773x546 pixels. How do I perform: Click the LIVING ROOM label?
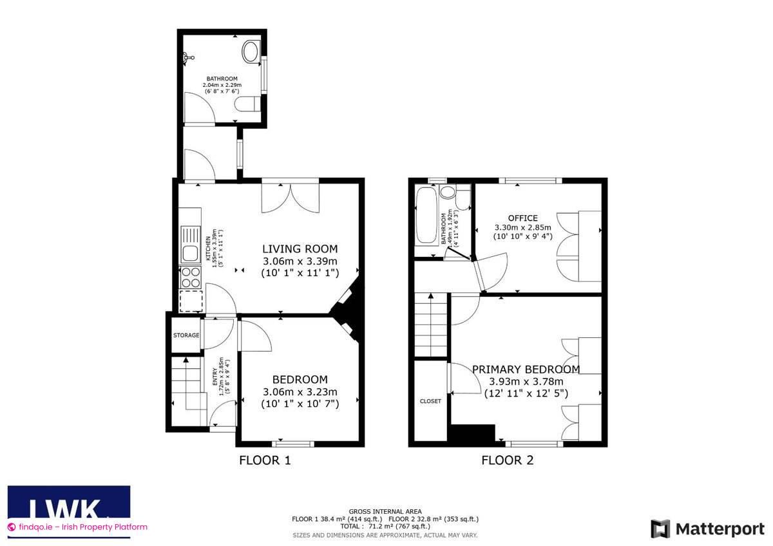click(300, 249)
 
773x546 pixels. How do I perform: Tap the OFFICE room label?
click(523, 218)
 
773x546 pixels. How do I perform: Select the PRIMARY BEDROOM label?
click(526, 370)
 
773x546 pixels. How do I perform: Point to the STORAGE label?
click(186, 335)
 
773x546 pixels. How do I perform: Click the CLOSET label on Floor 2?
click(430, 401)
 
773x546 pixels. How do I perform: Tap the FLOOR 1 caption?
click(265, 460)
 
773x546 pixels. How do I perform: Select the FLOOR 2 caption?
click(508, 460)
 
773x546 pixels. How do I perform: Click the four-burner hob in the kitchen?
click(191, 278)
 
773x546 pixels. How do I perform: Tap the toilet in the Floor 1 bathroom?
click(247, 104)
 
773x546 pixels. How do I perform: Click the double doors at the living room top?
click(291, 198)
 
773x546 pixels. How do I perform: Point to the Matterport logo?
click(707, 529)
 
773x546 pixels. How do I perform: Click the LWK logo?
click(69, 508)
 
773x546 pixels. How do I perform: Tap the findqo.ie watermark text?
click(79, 527)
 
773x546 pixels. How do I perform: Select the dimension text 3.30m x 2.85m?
click(523, 228)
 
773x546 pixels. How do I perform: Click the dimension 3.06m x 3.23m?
click(300, 392)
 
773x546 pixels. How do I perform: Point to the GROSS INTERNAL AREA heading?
click(385, 511)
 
